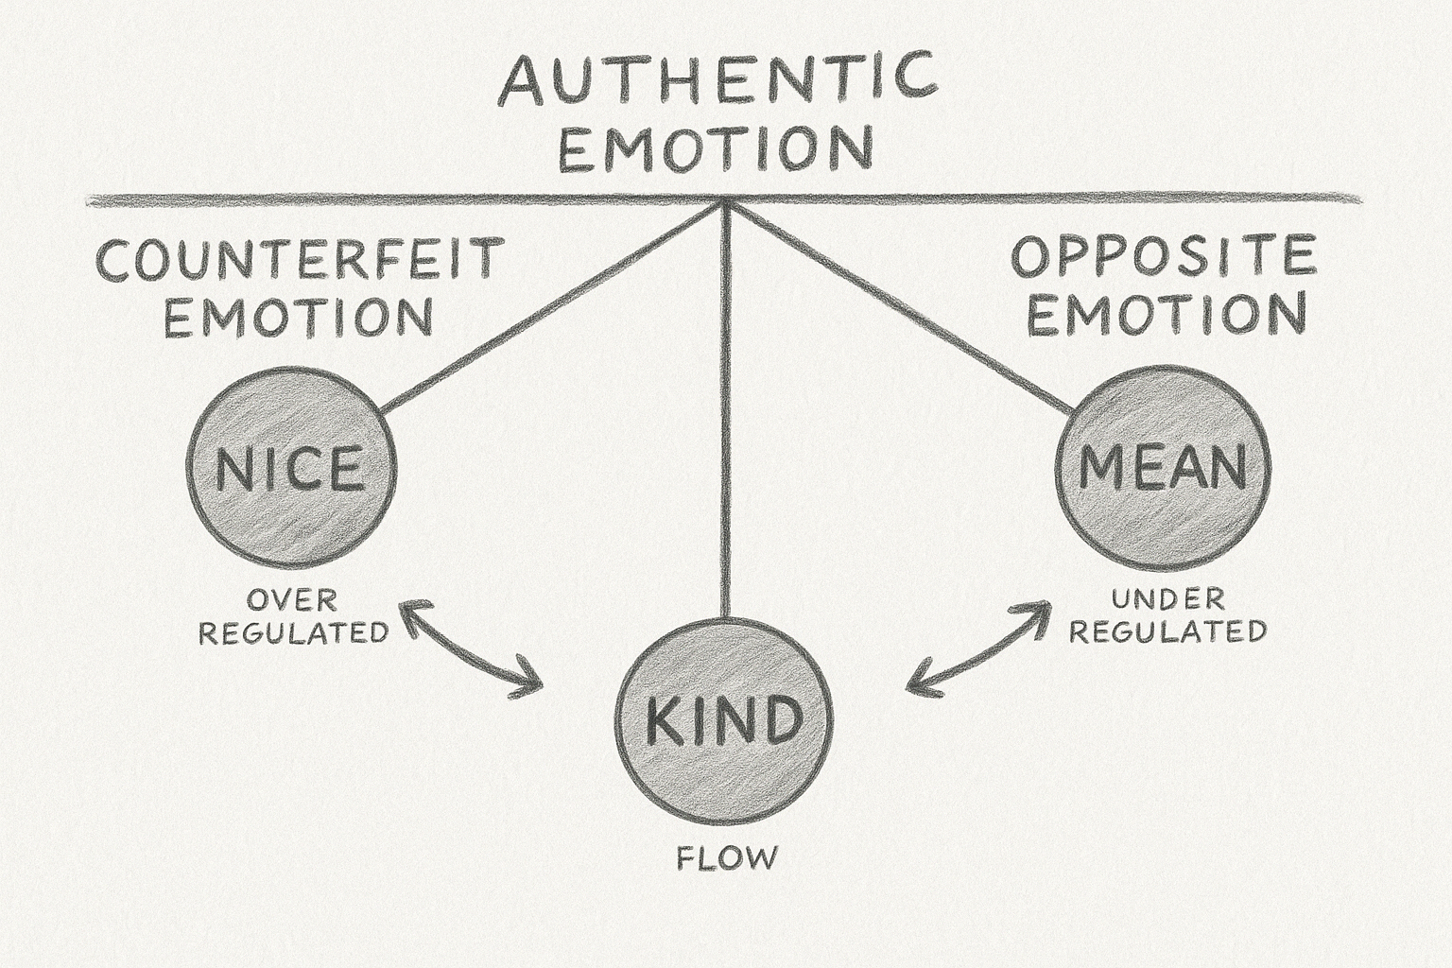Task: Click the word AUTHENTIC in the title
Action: [718, 79]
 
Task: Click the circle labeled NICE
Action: [291, 468]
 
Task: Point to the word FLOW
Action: [727, 858]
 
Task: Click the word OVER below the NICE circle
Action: [291, 599]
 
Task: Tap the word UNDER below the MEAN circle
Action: [1167, 598]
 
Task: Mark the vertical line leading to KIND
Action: [724, 425]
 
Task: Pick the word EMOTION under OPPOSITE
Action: [1167, 315]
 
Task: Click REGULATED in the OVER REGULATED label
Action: [293, 631]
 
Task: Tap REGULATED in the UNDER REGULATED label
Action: [1167, 631]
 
